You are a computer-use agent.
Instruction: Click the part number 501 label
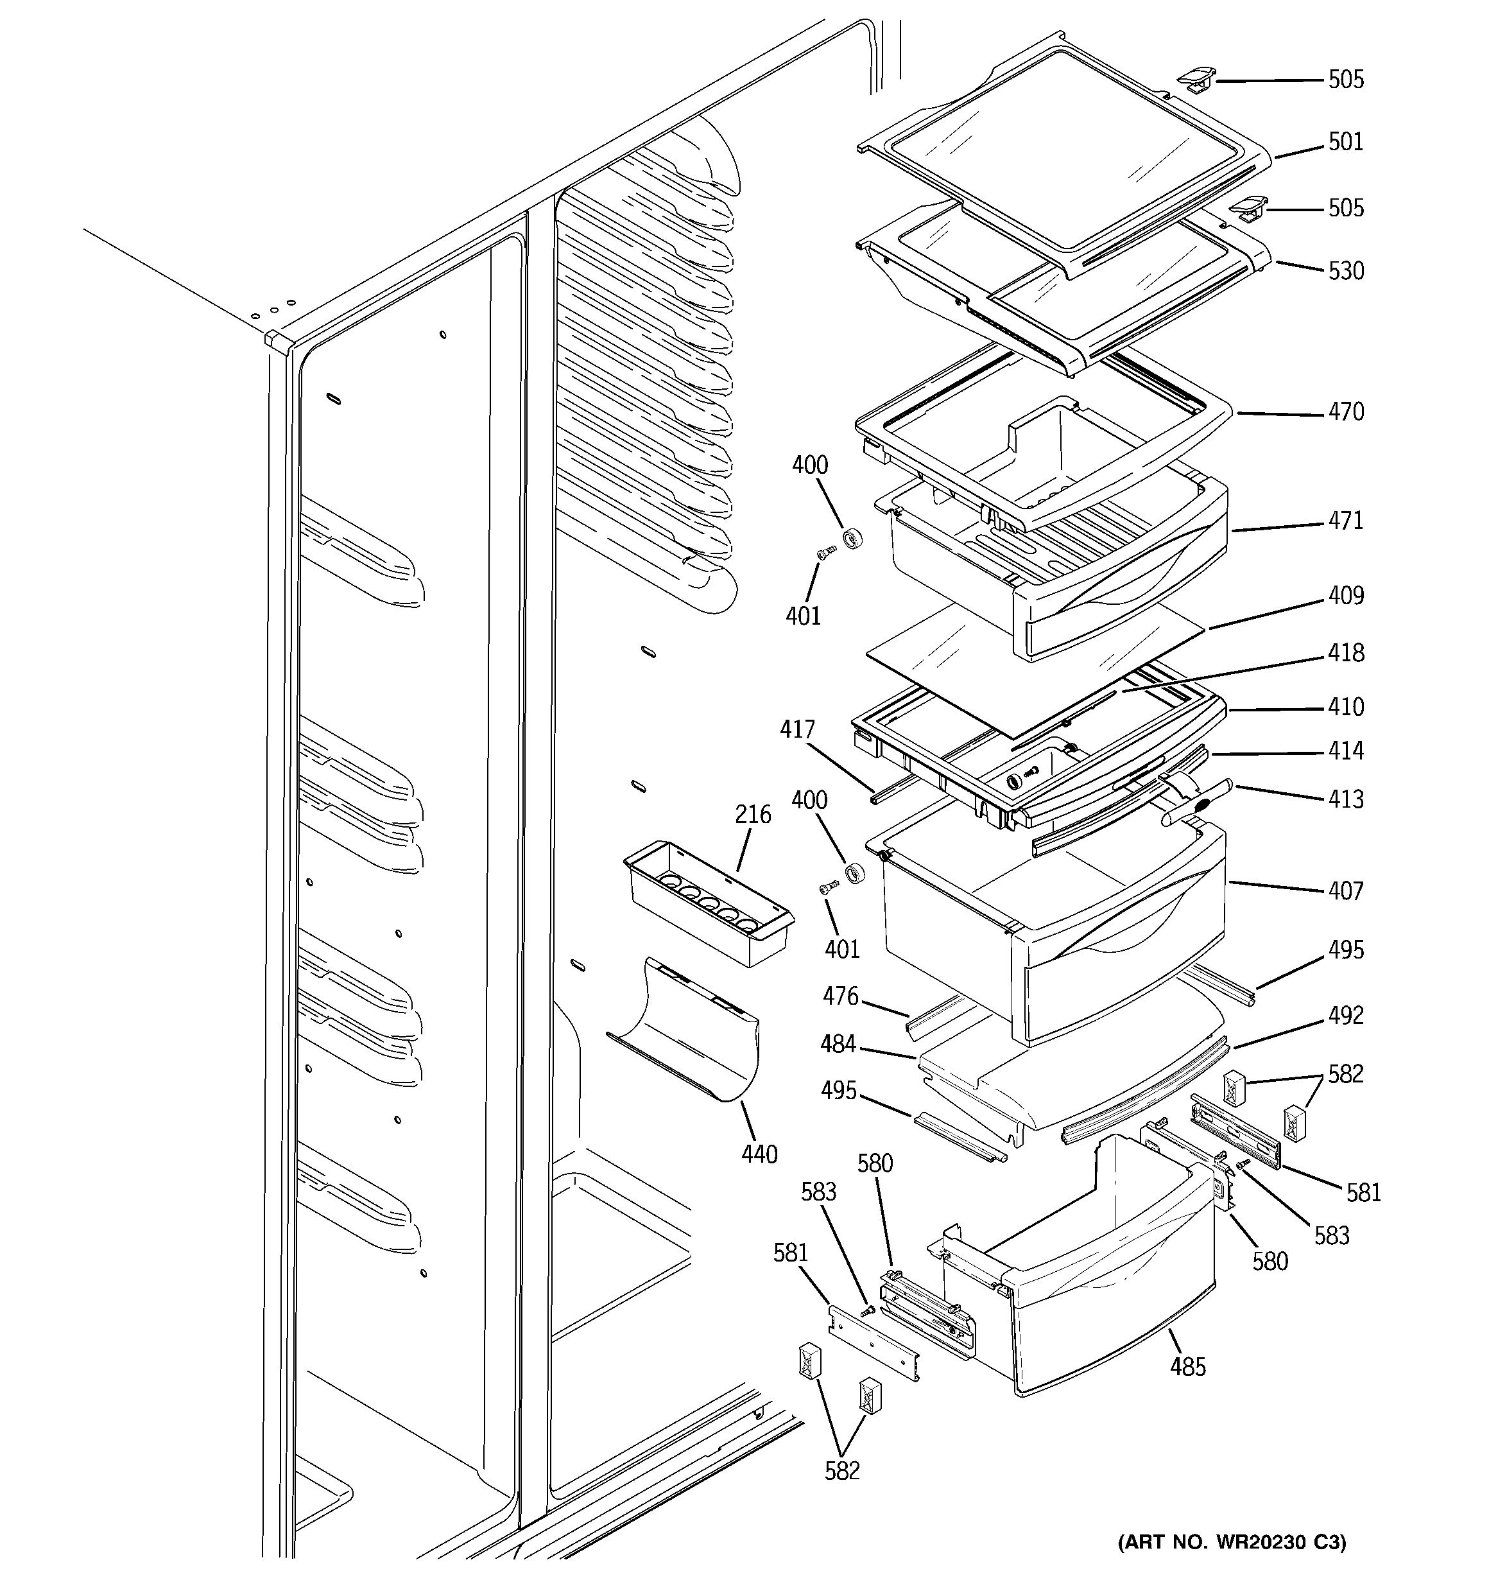coord(1346,143)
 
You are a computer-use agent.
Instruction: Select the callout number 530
coord(1346,271)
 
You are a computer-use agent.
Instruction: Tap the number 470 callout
coord(1346,412)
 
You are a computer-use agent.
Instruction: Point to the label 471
coord(1346,521)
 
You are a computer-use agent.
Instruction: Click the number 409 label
coord(1346,596)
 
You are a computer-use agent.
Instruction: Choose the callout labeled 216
coord(753,815)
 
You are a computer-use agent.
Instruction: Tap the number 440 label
coord(759,1154)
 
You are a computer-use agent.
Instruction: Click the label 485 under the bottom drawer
coord(1188,1368)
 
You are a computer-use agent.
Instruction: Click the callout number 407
coord(1346,891)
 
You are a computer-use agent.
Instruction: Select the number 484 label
coord(838,1044)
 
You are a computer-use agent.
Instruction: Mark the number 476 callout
coord(841,996)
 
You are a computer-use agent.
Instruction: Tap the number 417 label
coord(798,730)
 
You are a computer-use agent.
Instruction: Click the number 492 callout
coord(1346,1016)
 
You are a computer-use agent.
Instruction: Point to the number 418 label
coord(1346,653)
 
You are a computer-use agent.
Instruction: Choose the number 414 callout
coord(1346,751)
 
